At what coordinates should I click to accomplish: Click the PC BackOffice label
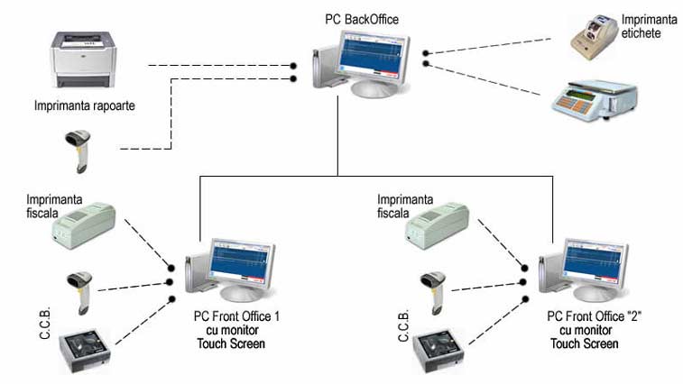pos(361,18)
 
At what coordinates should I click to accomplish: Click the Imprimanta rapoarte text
pos(85,105)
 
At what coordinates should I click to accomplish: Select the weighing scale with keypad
pos(594,98)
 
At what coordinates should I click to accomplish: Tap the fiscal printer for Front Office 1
pos(83,224)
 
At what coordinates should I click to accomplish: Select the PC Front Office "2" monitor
pos(593,268)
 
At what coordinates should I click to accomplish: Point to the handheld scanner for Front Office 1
pos(78,291)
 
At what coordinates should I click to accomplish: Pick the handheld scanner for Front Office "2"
pos(436,291)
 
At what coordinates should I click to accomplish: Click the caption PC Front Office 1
pos(237,316)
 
